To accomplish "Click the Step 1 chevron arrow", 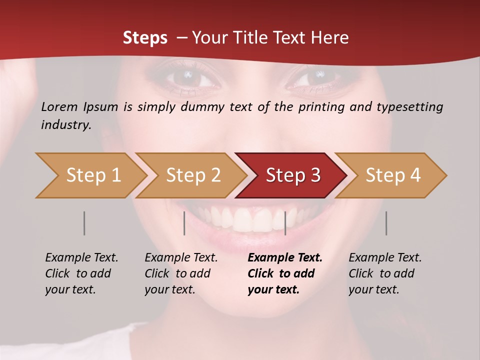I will tap(90, 175).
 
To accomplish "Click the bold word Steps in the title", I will tap(145, 38).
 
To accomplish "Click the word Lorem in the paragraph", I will tap(59, 106).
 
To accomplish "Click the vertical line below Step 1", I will tap(84, 223).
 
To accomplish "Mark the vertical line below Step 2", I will tap(184, 223).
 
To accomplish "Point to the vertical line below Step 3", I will tap(285, 223).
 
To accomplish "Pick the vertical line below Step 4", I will tap(386, 223).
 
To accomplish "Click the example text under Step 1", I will tap(81, 273).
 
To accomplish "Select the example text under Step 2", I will tap(181, 273).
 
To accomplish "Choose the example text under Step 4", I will tap(385, 273).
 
